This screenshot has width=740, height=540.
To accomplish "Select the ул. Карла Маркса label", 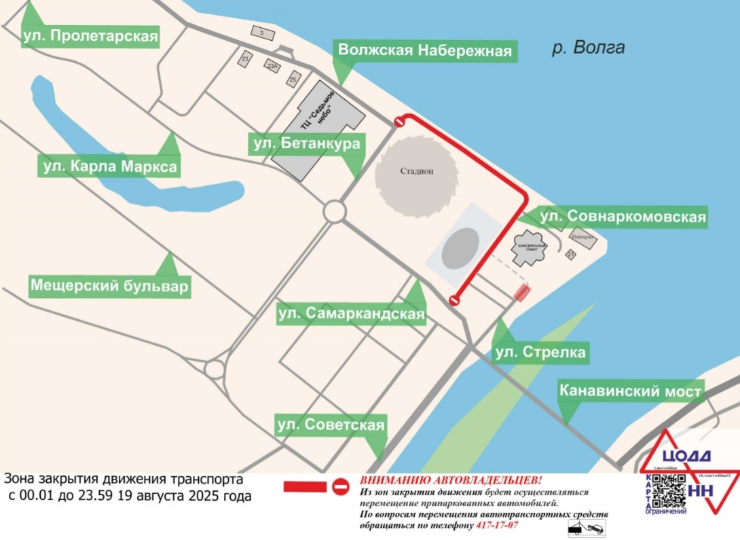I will (109, 166).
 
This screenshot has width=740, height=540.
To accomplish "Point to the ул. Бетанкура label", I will (306, 143).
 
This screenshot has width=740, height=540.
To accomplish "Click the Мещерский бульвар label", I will (109, 286).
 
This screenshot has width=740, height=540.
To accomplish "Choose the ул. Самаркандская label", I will (352, 314).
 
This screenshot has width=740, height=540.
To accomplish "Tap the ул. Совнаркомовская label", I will (622, 217).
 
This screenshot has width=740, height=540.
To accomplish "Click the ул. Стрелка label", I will (540, 353).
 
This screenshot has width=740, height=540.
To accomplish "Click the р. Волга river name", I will (587, 48).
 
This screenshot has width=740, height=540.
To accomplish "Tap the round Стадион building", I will (415, 172).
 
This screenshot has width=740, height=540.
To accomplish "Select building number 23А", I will (273, 67).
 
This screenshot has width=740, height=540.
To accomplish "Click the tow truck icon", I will (586, 527).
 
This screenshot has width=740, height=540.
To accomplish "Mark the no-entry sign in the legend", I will (341, 486).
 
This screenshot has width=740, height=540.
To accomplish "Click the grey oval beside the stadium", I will (459, 249).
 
